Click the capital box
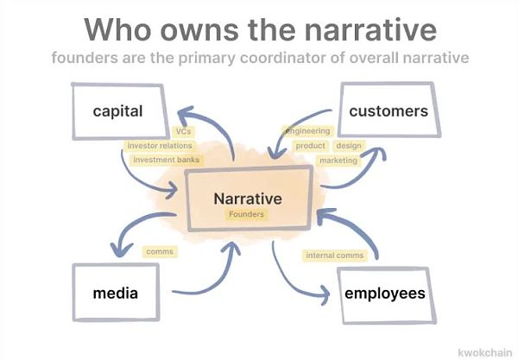(x=118, y=111)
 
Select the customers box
(x=388, y=111)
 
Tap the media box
(x=116, y=293)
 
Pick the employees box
(x=384, y=294)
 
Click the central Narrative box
(x=248, y=199)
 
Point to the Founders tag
(x=247, y=214)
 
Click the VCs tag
(x=183, y=131)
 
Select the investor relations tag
(x=160, y=146)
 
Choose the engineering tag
(x=308, y=131)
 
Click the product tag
(x=310, y=146)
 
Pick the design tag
(x=349, y=146)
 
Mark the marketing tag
(x=338, y=161)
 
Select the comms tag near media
(x=160, y=252)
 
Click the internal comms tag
(x=335, y=256)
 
